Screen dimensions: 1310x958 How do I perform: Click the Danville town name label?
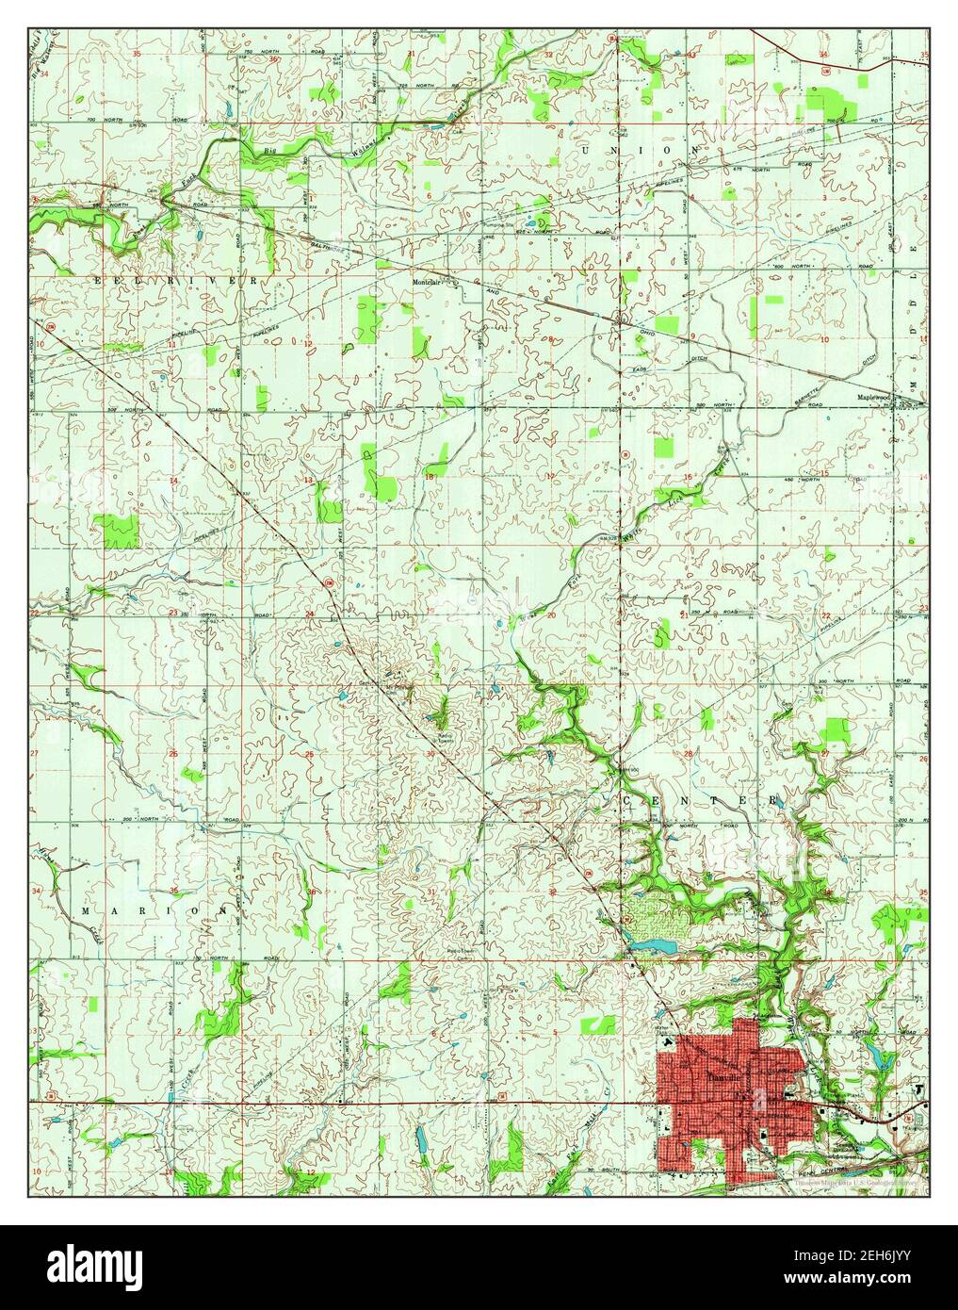point(722,1075)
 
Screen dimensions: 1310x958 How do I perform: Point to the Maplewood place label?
point(872,397)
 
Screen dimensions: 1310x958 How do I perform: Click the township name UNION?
point(641,150)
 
